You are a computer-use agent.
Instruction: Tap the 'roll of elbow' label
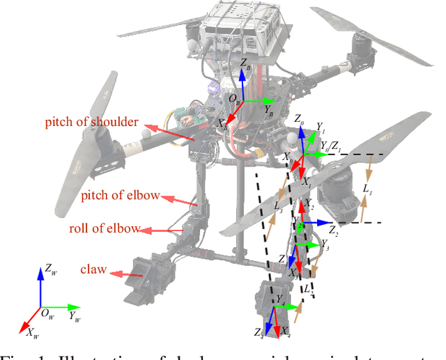tap(105, 228)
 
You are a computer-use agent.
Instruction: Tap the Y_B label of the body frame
tap(269, 109)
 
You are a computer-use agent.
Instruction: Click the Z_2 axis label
tap(334, 229)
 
